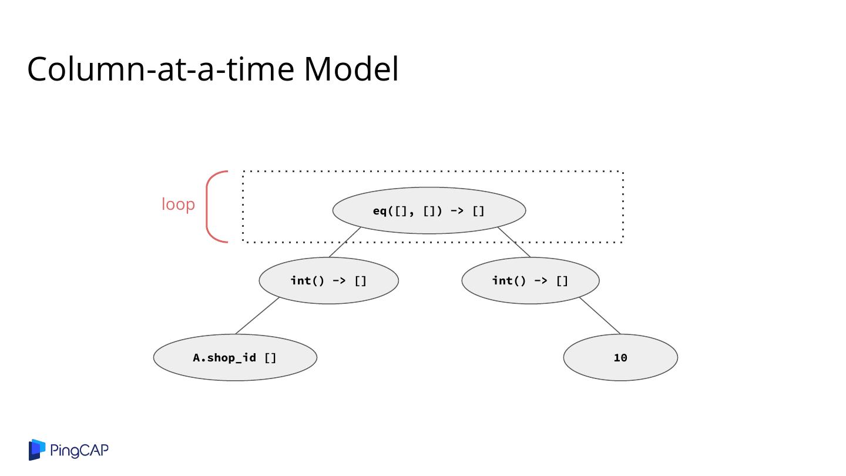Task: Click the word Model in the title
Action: pyautogui.click(x=351, y=69)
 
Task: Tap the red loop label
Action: pyautogui.click(x=178, y=205)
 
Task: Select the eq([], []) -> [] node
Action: pyautogui.click(x=429, y=210)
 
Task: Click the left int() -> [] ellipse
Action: pyautogui.click(x=328, y=280)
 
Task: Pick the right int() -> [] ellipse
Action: pyautogui.click(x=531, y=280)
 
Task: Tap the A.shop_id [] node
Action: pyautogui.click(x=235, y=357)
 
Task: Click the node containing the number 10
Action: pyautogui.click(x=620, y=357)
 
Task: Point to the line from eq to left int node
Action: pyautogui.click(x=345, y=242)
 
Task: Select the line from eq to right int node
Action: pyautogui.click(x=514, y=242)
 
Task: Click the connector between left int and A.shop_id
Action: pyautogui.click(x=257, y=316)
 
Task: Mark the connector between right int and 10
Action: pyautogui.click(x=599, y=316)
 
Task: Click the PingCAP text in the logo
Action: pyautogui.click(x=79, y=451)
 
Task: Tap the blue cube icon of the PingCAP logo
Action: pyautogui.click(x=37, y=450)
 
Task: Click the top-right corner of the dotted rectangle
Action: pyautogui.click(x=622, y=172)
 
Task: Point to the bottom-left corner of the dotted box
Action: pyautogui.click(x=243, y=241)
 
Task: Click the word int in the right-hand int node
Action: pyautogui.click(x=502, y=280)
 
